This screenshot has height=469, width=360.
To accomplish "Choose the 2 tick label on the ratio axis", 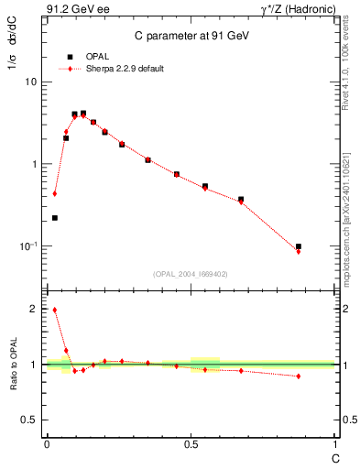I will coord(33,310).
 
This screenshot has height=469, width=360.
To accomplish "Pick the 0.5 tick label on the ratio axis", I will coord(28,420).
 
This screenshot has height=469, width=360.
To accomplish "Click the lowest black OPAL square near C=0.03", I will coord(55,218).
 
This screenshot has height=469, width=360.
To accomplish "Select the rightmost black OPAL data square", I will coord(299,246).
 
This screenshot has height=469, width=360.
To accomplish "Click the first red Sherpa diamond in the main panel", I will coord(55,193).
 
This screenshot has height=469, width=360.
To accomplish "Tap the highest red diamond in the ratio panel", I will coord(55,310).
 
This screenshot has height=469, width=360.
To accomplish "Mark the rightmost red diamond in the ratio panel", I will coord(299,376).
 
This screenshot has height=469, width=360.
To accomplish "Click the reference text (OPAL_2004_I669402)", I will coord(191,273).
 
